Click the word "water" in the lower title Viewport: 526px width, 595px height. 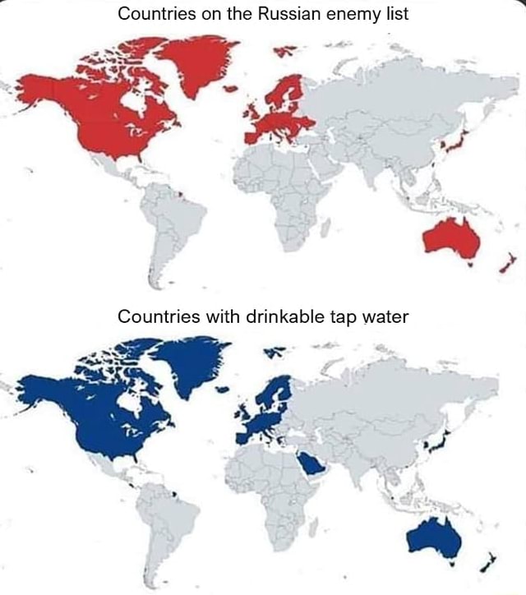pyautogui.click(x=381, y=317)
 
